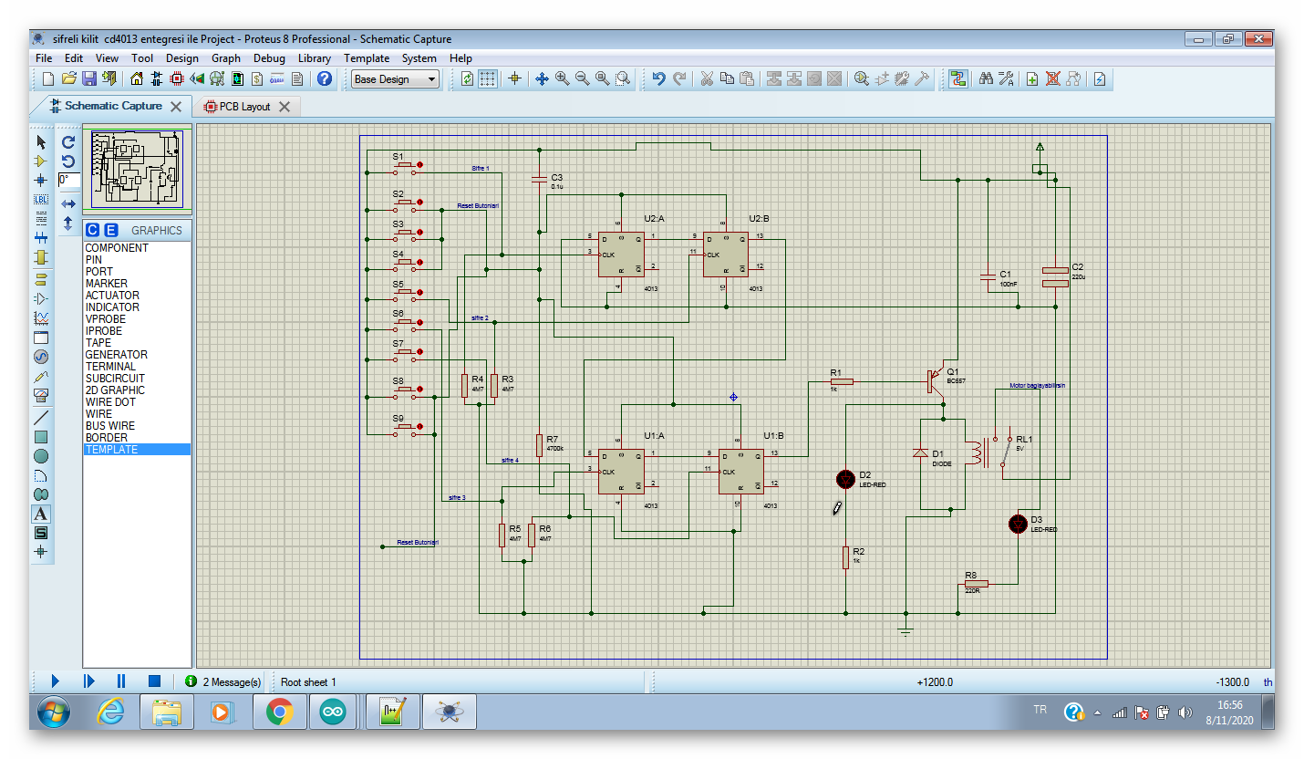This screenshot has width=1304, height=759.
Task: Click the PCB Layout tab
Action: (x=243, y=107)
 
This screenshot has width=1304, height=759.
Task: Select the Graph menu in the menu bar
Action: (x=226, y=58)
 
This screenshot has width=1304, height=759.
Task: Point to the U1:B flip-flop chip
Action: (x=740, y=471)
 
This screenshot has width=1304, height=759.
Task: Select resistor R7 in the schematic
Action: (x=540, y=444)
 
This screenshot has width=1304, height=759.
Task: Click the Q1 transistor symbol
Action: (x=936, y=380)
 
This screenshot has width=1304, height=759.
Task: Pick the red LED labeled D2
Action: (x=845, y=479)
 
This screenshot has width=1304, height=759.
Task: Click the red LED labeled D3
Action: (x=1019, y=524)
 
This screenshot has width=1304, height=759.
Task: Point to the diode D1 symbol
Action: (x=921, y=452)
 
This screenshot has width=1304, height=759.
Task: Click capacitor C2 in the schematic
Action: (x=1055, y=276)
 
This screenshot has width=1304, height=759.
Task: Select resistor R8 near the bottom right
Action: (x=976, y=584)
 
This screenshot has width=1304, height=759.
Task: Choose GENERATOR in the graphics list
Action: (x=116, y=355)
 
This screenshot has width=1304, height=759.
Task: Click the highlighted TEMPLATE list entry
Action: (x=111, y=450)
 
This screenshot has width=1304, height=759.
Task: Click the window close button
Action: (x=1258, y=38)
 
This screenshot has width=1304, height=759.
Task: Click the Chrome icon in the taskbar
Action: (x=279, y=712)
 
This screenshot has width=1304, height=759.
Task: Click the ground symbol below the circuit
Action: (x=906, y=630)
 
